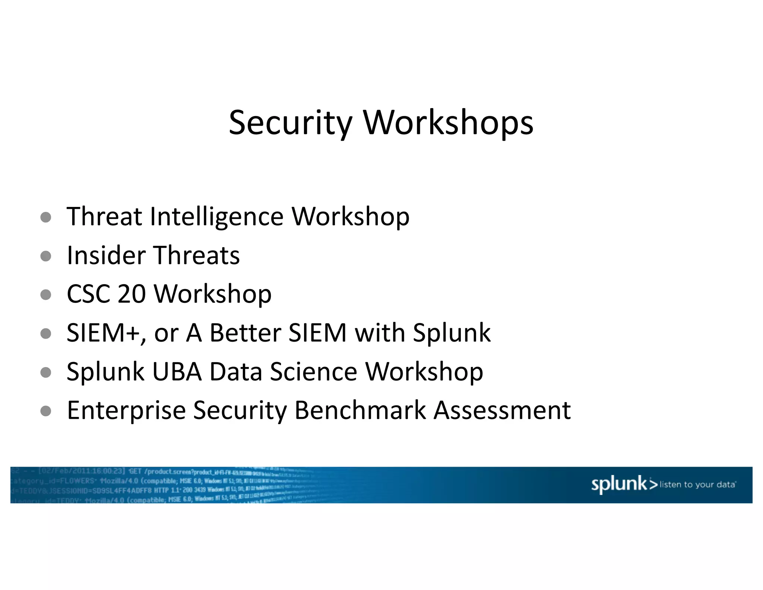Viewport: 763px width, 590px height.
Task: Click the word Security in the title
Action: pyautogui.click(x=290, y=123)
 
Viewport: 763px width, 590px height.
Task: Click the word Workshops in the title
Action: pyautogui.click(x=448, y=123)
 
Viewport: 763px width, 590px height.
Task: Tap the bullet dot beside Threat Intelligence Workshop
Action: pyautogui.click(x=45, y=217)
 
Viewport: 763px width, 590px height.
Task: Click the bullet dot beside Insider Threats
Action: pyautogui.click(x=45, y=256)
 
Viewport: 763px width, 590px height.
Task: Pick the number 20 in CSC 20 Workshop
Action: pyautogui.click(x=132, y=294)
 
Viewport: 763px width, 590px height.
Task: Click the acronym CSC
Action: pyautogui.click(x=88, y=294)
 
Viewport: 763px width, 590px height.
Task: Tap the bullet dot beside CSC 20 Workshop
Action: pyautogui.click(x=45, y=295)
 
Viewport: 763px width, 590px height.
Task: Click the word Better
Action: pyautogui.click(x=245, y=333)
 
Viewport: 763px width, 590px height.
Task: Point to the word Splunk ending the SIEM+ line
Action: pyautogui.click(x=452, y=334)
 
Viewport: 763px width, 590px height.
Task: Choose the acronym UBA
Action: pyautogui.click(x=177, y=372)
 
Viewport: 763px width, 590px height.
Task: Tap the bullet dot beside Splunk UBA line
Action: pyautogui.click(x=45, y=373)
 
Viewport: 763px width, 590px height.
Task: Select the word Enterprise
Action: pyautogui.click(x=126, y=411)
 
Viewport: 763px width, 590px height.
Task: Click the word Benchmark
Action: pyautogui.click(x=360, y=410)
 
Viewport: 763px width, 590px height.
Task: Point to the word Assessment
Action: pyautogui.click(x=502, y=410)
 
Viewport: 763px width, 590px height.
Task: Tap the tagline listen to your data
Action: pyautogui.click(x=697, y=485)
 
